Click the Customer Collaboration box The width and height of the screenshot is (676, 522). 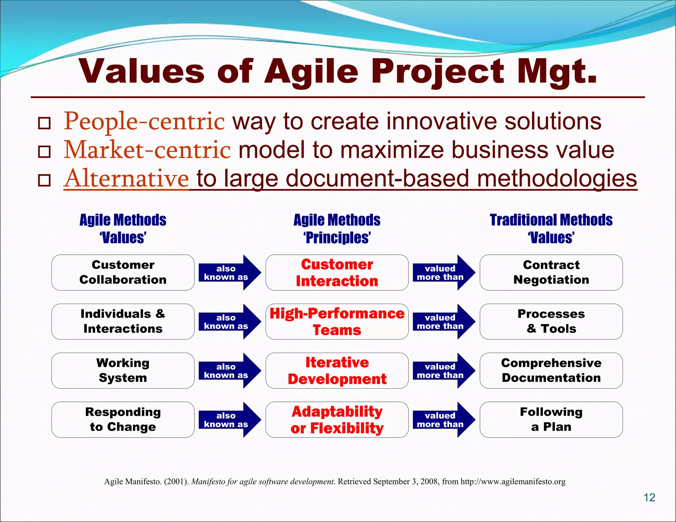tap(123, 273)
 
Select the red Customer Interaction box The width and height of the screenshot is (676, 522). tap(337, 273)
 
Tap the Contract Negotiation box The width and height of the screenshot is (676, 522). tap(551, 273)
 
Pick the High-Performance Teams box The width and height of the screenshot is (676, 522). tap(337, 322)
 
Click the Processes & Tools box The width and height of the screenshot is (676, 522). tap(551, 322)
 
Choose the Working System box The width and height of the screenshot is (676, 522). tap(123, 371)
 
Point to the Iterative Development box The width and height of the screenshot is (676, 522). tap(337, 371)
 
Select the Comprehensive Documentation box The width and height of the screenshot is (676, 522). tap(551, 371)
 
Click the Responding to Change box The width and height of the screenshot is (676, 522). tap(123, 420)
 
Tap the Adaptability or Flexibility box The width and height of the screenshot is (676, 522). tap(337, 420)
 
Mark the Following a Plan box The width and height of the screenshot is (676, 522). tap(551, 420)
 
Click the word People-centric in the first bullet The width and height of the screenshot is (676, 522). tap(144, 121)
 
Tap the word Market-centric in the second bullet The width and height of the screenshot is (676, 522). tap(147, 150)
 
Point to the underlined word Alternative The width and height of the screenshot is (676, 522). tap(126, 179)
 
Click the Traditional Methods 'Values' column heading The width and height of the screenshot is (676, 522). tap(551, 228)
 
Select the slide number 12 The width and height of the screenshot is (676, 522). tap(649, 498)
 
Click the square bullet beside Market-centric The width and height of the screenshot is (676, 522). tap(44, 152)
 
